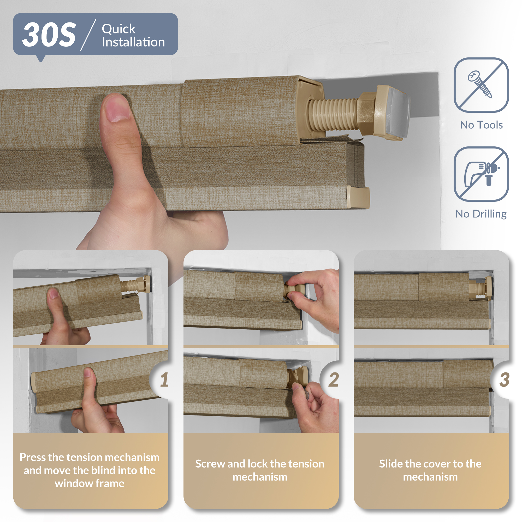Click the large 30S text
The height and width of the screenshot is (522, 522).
[49, 35]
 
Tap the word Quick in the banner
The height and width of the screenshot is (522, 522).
[118, 29]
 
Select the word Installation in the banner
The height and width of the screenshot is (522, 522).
[133, 42]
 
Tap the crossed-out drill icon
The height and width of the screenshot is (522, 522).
[481, 174]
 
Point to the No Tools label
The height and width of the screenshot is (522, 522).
[481, 125]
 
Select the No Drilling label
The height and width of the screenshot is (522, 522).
[481, 214]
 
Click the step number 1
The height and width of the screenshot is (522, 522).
[164, 379]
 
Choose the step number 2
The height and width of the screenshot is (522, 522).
[334, 379]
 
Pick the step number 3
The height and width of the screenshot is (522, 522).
[504, 379]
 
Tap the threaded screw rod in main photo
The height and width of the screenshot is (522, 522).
[334, 113]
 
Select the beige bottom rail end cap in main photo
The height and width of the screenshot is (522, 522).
[358, 197]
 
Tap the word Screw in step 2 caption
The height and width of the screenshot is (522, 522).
[210, 464]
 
